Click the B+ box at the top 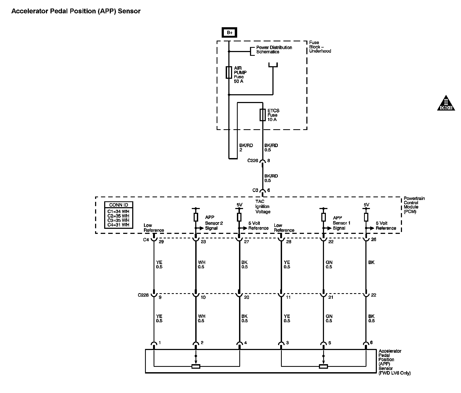229,33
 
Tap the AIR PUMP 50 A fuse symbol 229,72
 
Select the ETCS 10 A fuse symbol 263,115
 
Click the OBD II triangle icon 446,103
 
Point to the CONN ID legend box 119,215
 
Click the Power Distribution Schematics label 274,50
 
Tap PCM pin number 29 161,242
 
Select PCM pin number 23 203,242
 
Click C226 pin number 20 247,297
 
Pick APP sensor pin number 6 371,343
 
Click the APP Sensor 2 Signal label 214,223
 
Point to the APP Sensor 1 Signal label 341,223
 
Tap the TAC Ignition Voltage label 263,207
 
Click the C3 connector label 255,190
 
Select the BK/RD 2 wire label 246,148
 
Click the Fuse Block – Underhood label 320,47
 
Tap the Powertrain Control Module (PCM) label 414,205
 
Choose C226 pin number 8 269,161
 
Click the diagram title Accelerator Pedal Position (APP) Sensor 76,11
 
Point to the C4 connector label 146,240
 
